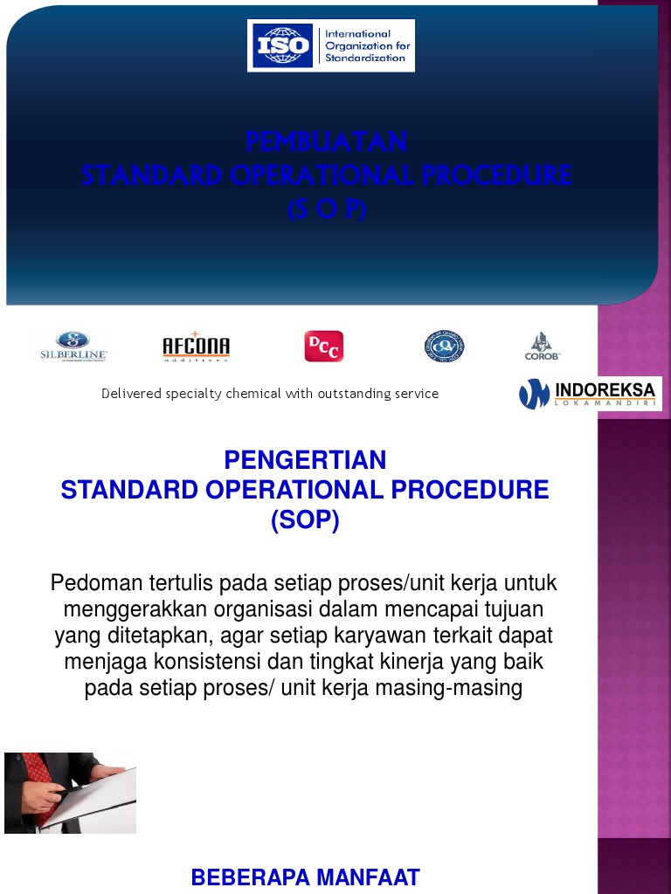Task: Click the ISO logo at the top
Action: click(x=330, y=45)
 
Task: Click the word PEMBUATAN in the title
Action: click(x=326, y=141)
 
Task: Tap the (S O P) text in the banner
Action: click(x=326, y=210)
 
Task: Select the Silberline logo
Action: click(x=73, y=346)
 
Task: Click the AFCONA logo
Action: click(x=197, y=347)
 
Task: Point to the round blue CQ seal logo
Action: click(x=444, y=346)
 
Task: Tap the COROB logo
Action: click(x=543, y=346)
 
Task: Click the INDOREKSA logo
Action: click(x=590, y=394)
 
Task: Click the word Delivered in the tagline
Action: click(x=132, y=394)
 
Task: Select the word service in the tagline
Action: click(x=417, y=394)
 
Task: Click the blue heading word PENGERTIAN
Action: click(x=305, y=460)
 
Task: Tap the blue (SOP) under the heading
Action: click(x=305, y=520)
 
